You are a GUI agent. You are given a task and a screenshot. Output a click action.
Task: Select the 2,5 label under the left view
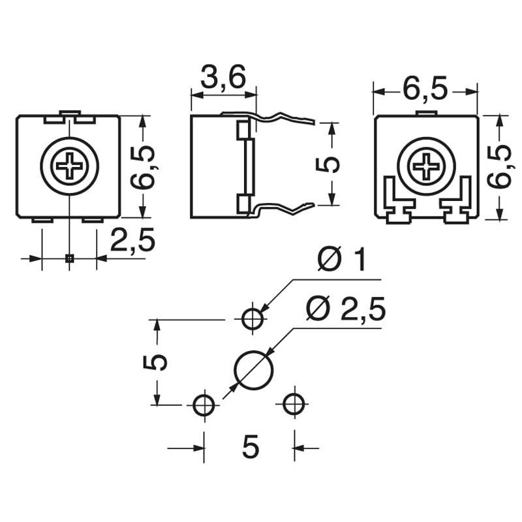click(132, 241)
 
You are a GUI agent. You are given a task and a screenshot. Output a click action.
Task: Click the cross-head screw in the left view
click(69, 166)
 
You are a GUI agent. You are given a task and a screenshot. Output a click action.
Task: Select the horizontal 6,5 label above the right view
click(425, 90)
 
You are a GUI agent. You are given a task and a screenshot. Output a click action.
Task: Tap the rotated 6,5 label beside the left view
click(144, 167)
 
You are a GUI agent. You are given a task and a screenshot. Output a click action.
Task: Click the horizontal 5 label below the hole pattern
click(250, 448)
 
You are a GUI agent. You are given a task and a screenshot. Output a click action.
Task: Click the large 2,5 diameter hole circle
click(253, 370)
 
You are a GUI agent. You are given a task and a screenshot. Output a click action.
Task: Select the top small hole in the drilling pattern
click(253, 319)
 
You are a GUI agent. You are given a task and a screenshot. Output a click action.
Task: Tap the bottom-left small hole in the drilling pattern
click(204, 405)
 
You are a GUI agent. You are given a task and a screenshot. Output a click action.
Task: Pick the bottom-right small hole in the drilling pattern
click(294, 405)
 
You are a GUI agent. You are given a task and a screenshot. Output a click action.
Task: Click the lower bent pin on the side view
click(284, 208)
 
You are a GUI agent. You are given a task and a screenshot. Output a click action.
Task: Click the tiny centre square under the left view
click(69, 258)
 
